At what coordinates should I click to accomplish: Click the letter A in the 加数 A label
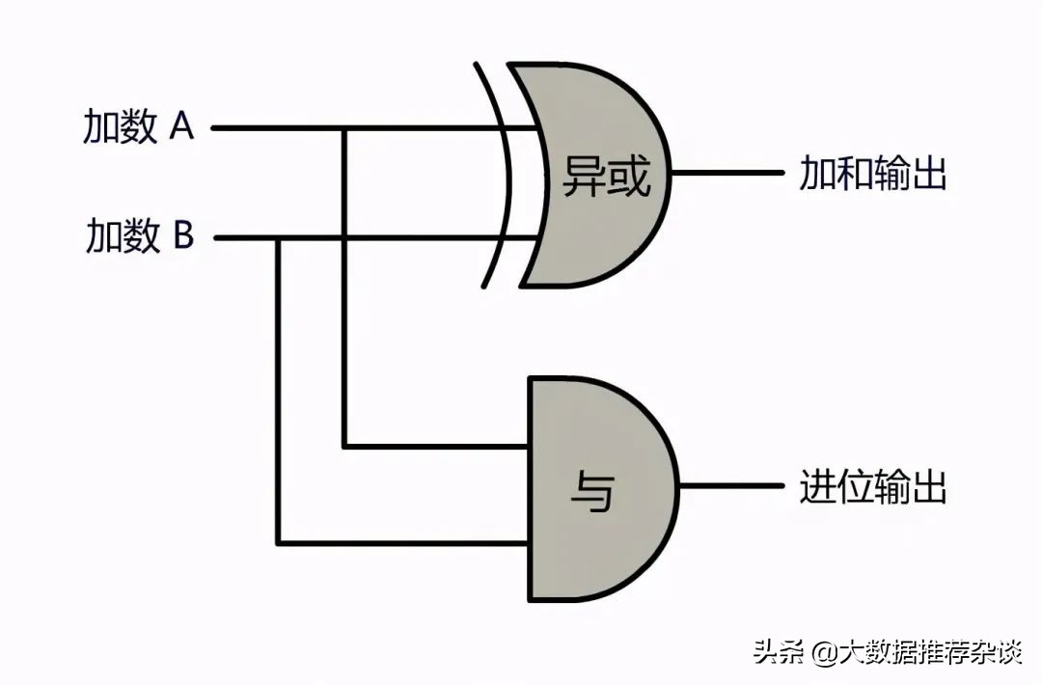pyautogui.click(x=181, y=126)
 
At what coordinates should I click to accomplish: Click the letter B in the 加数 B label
pyautogui.click(x=182, y=235)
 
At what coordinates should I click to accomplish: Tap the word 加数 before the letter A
pyautogui.click(x=120, y=127)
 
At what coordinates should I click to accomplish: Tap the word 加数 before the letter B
pyautogui.click(x=123, y=236)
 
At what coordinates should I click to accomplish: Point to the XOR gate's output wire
pyautogui.click(x=728, y=174)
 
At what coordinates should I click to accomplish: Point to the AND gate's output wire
pyautogui.click(x=733, y=485)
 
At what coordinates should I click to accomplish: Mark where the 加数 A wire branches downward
pyautogui.click(x=344, y=127)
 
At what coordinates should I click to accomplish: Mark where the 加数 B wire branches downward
pyautogui.click(x=279, y=237)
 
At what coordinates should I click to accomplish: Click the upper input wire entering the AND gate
pyautogui.click(x=434, y=447)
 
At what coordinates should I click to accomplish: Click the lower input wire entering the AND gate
pyautogui.click(x=405, y=543)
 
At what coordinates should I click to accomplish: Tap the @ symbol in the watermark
pyautogui.click(x=823, y=652)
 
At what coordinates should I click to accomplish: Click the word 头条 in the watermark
pyautogui.click(x=778, y=652)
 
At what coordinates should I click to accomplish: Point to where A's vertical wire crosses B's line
pyautogui.click(x=344, y=237)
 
